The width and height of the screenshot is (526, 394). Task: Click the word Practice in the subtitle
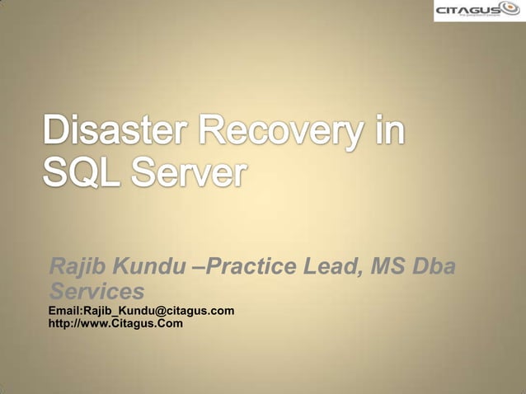pos(251,267)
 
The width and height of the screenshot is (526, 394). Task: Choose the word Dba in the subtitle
pos(438,267)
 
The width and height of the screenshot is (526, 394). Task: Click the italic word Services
pos(96,291)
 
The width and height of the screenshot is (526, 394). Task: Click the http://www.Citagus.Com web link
pos(115,323)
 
